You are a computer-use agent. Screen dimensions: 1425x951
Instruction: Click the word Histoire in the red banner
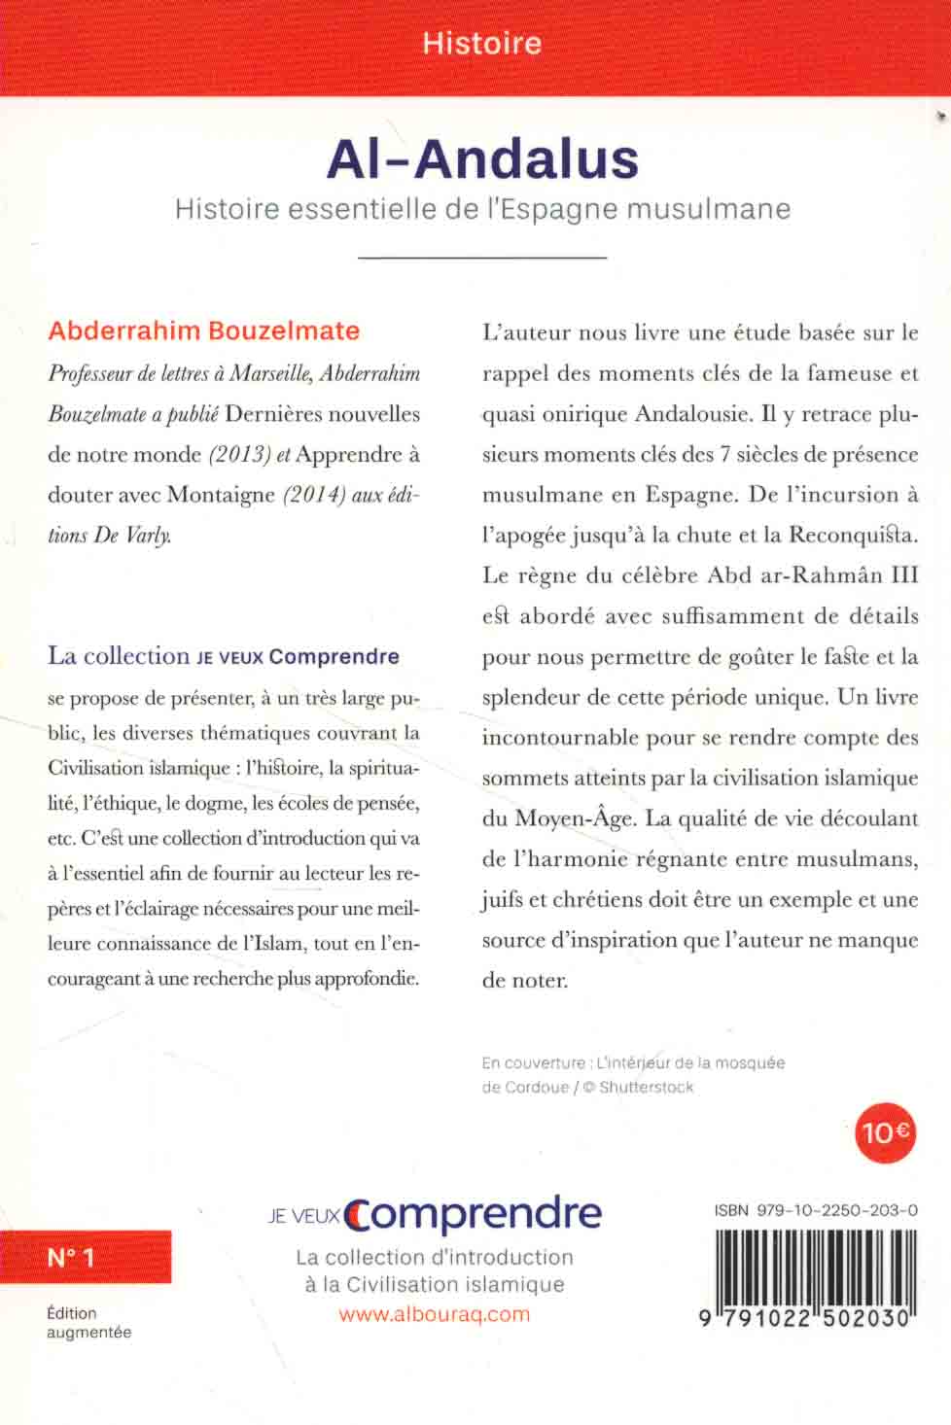pos(481,44)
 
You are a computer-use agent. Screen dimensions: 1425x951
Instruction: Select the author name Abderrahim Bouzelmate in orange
pos(204,330)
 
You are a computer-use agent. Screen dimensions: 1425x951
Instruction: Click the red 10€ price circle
pos(884,1131)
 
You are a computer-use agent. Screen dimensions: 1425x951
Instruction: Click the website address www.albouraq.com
pos(435,1314)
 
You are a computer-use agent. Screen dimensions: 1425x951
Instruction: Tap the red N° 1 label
pos(72,1257)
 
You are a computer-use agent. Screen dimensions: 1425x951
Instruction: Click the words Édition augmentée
pos(88,1322)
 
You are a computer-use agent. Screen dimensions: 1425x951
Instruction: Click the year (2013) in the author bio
pos(239,454)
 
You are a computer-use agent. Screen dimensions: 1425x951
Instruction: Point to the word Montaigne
pos(221,495)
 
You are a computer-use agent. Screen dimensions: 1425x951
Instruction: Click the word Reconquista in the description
pos(853,535)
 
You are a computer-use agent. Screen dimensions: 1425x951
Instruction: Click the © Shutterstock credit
pos(638,1087)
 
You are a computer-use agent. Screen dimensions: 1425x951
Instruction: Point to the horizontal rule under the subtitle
pos(482,258)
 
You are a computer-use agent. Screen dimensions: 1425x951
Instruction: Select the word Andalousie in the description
pos(692,413)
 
